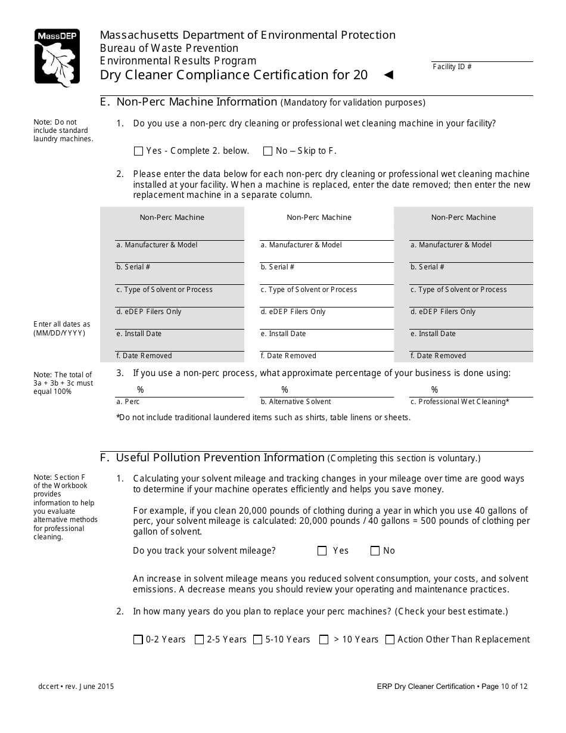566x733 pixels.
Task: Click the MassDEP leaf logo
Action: (x=57, y=58)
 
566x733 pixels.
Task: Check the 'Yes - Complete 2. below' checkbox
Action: (x=139, y=151)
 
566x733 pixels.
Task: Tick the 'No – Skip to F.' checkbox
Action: (x=268, y=151)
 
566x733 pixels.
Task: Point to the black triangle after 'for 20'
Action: (x=388, y=75)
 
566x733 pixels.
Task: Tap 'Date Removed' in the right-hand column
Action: (x=438, y=356)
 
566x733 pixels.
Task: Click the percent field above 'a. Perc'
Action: (x=179, y=390)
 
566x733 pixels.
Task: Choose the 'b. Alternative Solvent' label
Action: (x=296, y=402)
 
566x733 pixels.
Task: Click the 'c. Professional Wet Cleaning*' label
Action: (x=460, y=402)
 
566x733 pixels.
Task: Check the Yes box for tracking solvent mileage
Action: (x=322, y=551)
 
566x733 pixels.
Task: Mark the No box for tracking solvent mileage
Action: (x=375, y=551)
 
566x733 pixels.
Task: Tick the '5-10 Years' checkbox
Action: (x=258, y=640)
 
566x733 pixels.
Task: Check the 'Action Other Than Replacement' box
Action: (x=390, y=640)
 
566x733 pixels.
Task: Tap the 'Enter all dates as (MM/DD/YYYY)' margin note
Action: (x=62, y=328)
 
